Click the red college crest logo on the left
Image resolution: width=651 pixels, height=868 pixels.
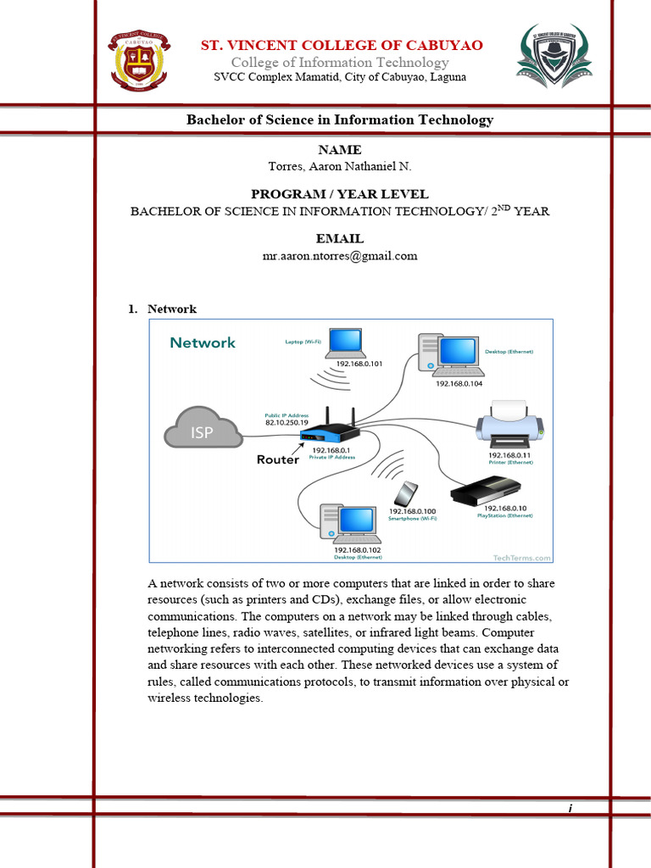tap(139, 61)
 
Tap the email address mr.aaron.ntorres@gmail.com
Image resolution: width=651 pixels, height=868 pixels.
tap(340, 255)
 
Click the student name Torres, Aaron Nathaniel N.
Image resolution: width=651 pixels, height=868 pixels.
tap(340, 166)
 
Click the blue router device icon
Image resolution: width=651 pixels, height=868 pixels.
tap(325, 433)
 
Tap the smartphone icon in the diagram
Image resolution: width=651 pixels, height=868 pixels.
tap(408, 494)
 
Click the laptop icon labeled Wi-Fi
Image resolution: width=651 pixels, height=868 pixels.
tap(346, 343)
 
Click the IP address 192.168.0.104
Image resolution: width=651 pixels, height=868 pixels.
tap(459, 383)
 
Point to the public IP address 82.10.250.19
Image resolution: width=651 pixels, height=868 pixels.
tap(287, 421)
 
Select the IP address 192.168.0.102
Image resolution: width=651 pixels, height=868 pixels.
tap(357, 549)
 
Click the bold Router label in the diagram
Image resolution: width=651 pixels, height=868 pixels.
tap(278, 459)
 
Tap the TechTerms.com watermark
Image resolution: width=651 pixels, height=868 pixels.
tap(521, 557)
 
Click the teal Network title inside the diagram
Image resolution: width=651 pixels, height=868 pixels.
tap(203, 342)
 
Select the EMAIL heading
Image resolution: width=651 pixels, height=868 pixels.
tap(340, 239)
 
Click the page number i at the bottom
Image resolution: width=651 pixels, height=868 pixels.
tap(570, 808)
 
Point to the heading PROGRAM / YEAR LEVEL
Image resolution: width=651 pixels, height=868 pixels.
tap(340, 194)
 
